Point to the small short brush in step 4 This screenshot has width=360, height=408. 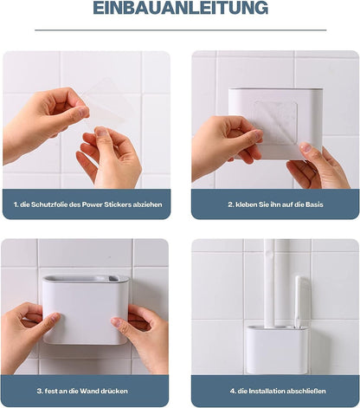click(x=297, y=303)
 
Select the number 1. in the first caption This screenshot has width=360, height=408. click(x=17, y=204)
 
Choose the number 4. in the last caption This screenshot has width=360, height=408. click(x=233, y=391)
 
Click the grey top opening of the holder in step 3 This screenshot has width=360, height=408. click(x=85, y=280)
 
